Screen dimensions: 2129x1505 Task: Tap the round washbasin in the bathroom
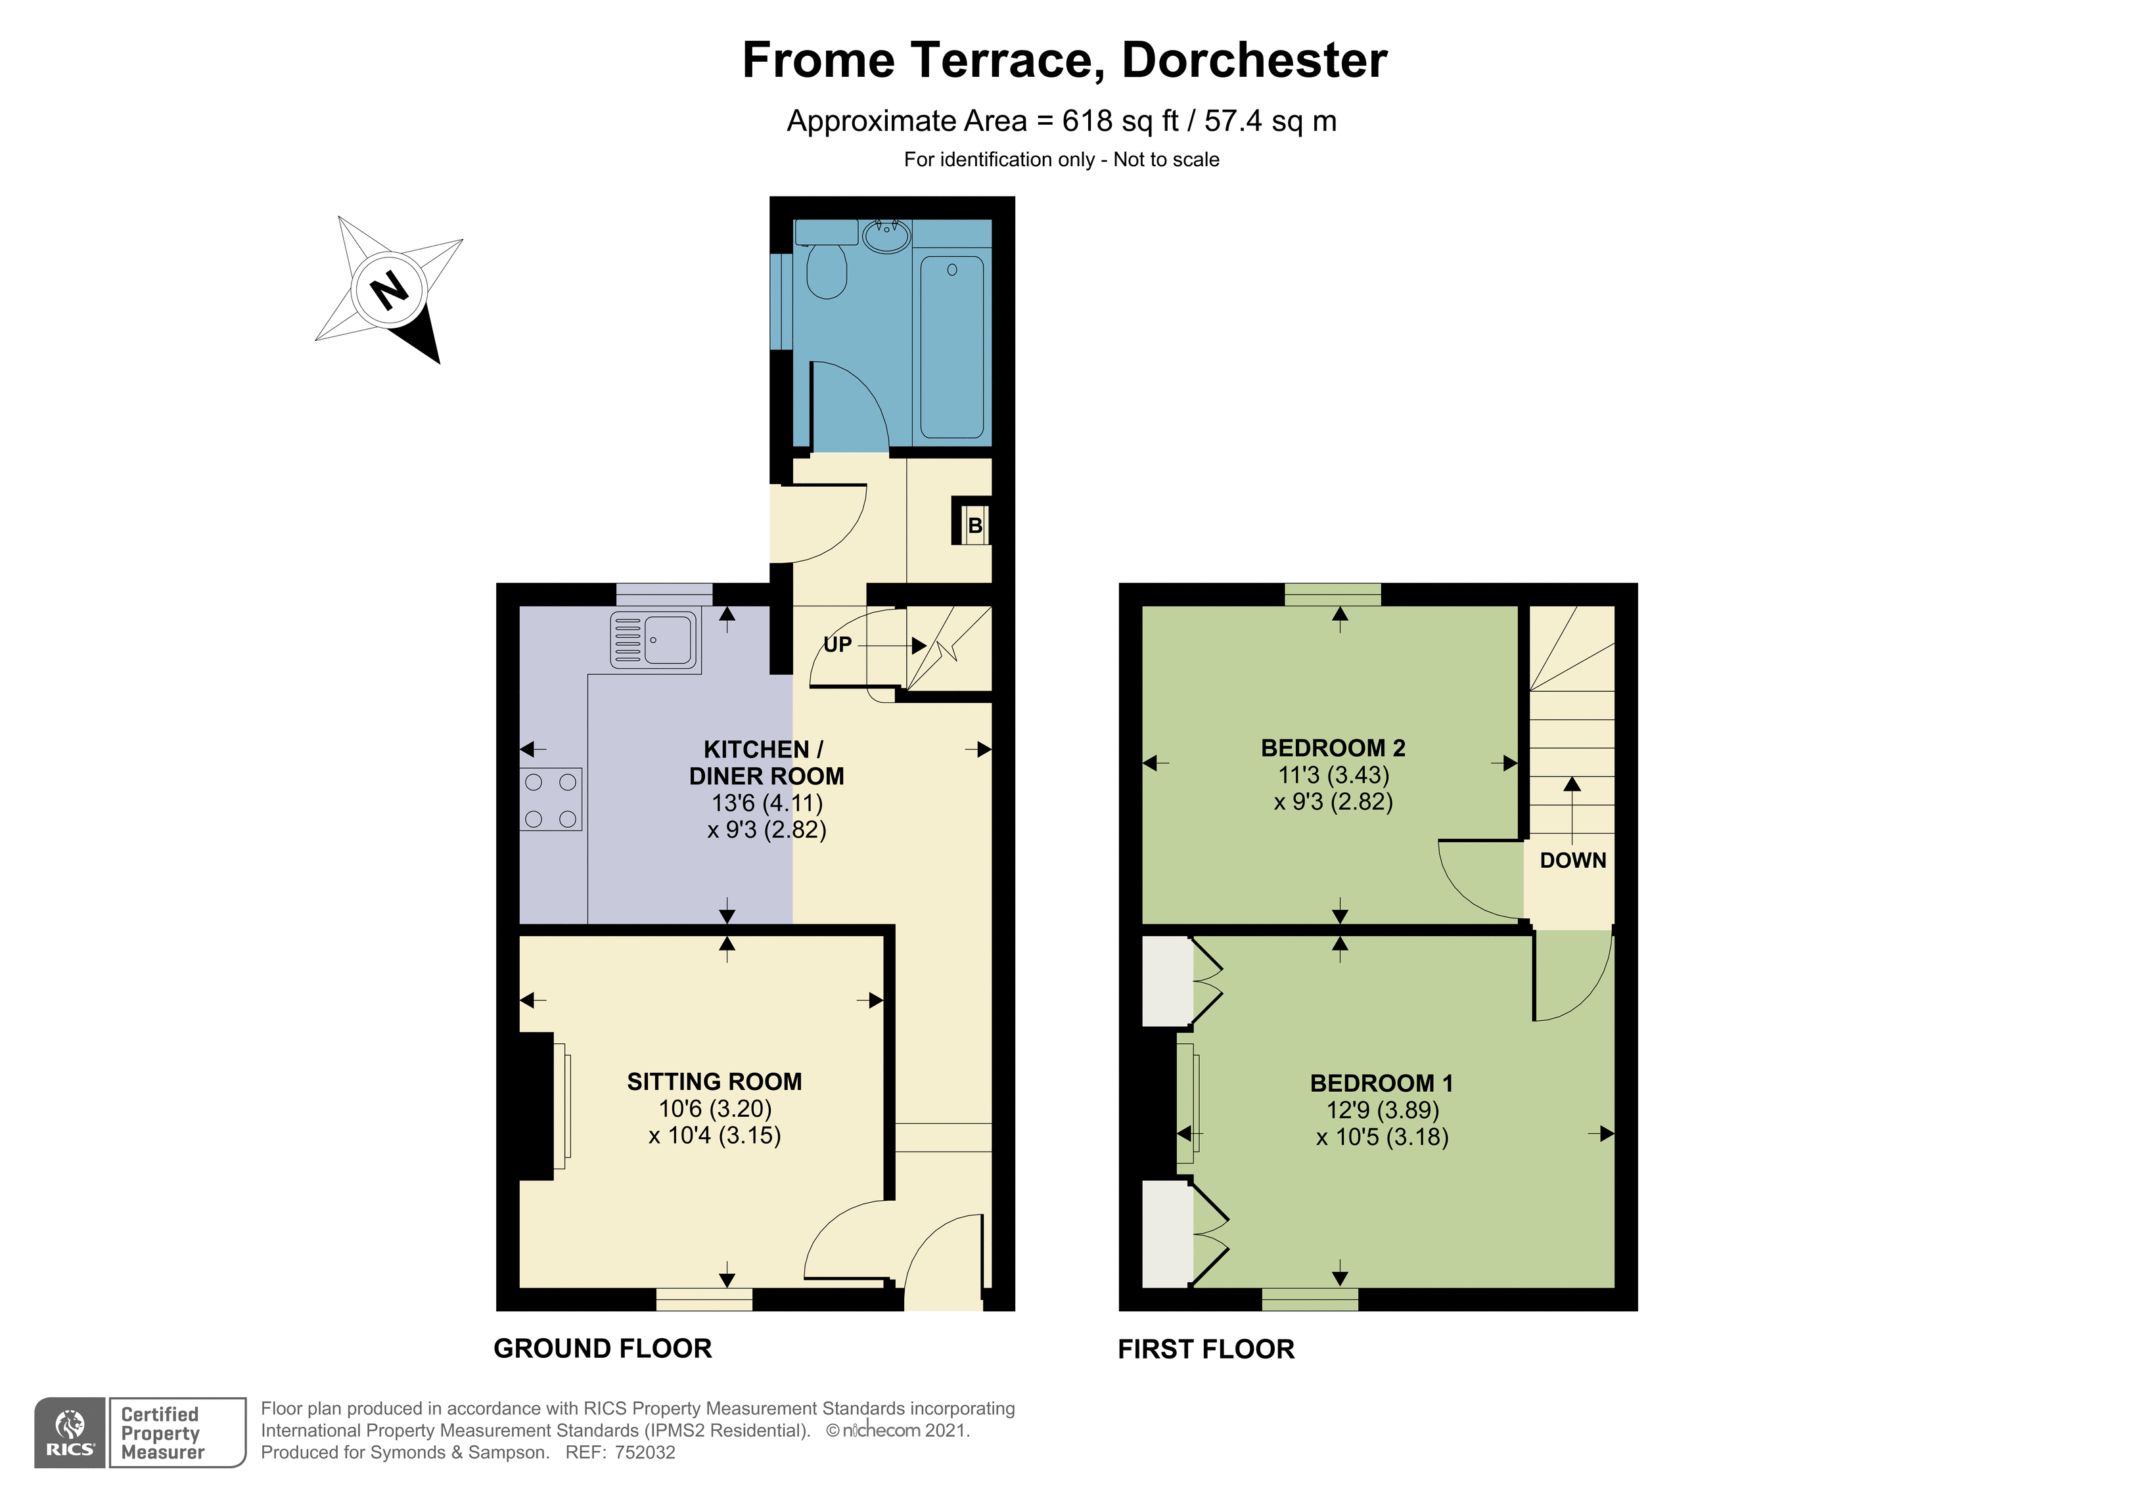click(886, 236)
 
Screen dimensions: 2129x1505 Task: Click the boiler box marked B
click(971, 525)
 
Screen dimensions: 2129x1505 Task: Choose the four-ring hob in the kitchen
click(551, 799)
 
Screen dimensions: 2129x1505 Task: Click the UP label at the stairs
click(837, 644)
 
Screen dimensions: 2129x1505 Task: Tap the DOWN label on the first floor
click(1572, 861)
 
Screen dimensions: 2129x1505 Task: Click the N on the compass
click(390, 290)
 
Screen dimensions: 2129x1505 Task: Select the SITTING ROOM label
click(714, 1081)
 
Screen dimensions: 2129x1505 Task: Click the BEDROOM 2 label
click(1333, 748)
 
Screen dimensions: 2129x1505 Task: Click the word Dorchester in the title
click(1254, 60)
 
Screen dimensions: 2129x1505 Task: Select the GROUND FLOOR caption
click(603, 1348)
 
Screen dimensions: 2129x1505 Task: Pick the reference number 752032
click(645, 1453)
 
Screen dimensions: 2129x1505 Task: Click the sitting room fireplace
click(537, 1106)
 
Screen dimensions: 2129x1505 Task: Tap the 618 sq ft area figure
click(1121, 121)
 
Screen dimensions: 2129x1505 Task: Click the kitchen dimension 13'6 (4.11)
click(767, 803)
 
